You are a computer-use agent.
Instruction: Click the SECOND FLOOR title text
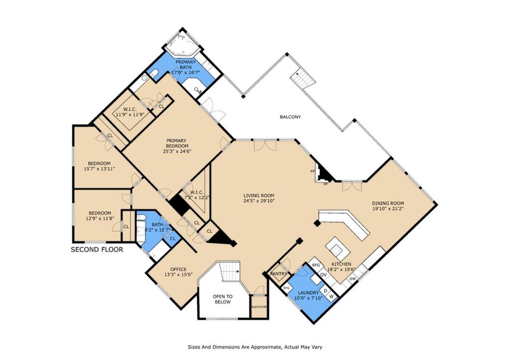[97, 250]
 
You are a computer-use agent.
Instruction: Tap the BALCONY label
[290, 117]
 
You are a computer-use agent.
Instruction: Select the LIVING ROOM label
[259, 196]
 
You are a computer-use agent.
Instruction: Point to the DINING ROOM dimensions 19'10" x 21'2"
[388, 209]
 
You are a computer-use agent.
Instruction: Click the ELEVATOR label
[259, 307]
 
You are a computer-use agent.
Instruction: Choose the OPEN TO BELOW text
[223, 299]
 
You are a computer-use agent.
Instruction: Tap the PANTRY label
[279, 274]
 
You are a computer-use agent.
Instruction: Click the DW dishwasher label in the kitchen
[353, 279]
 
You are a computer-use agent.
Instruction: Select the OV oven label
[323, 275]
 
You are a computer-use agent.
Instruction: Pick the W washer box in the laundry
[331, 296]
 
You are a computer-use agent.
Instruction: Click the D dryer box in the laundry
[325, 290]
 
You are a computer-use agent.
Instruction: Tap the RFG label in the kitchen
[316, 265]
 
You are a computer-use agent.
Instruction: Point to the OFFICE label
[179, 269]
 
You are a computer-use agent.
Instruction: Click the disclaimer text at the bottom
[255, 347]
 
